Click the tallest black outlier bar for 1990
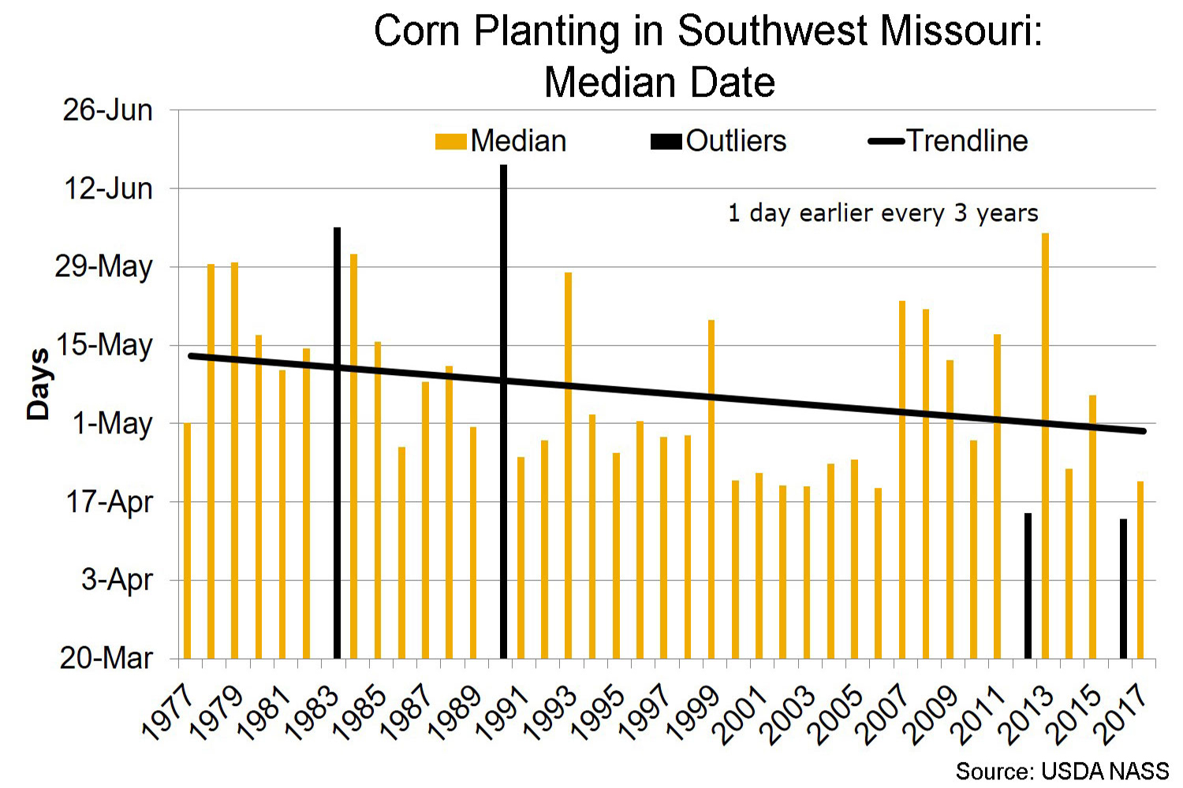(x=503, y=410)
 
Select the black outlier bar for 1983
(x=337, y=441)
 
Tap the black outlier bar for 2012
(x=1028, y=585)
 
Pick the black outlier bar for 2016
(x=1123, y=588)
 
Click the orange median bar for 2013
(x=1045, y=445)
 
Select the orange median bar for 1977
(x=187, y=540)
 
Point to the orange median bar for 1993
(x=568, y=465)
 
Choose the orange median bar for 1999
(x=711, y=489)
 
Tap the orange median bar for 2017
(x=1140, y=569)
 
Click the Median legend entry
(x=502, y=141)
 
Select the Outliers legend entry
(x=719, y=141)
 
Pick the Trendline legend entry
(x=949, y=141)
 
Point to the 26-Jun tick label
(x=108, y=110)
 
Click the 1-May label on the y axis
(x=113, y=423)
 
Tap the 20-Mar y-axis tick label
(x=106, y=657)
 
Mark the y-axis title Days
(x=37, y=384)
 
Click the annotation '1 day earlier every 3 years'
(x=883, y=214)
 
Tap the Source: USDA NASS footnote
(x=1062, y=771)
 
